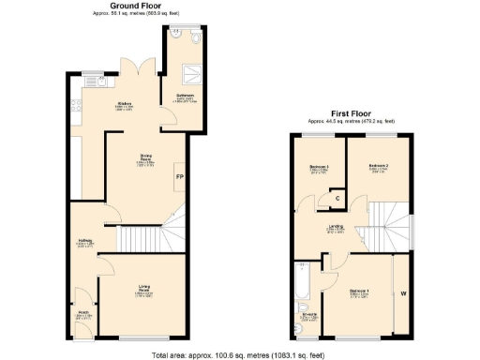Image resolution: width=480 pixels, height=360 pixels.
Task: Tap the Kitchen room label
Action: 123,104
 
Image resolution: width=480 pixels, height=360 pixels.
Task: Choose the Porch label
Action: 82,313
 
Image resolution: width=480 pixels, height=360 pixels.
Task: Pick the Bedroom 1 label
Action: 359,291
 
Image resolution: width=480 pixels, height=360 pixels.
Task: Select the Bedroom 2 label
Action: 379,169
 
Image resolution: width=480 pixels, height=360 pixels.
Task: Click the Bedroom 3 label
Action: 320,169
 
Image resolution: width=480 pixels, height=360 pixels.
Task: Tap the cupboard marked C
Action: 337,198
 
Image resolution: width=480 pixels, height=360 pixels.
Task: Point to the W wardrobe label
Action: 404,294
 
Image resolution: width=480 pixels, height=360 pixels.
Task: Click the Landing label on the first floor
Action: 336,228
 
